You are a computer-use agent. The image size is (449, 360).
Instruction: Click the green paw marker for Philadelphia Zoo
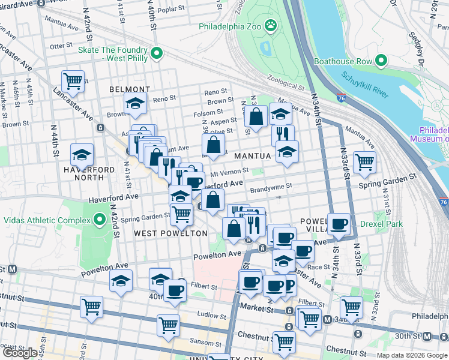[271, 25]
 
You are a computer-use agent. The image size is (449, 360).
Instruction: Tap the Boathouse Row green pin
[380, 60]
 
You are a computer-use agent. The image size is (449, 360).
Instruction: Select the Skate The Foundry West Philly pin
[157, 54]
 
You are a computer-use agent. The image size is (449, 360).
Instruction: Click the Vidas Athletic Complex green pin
[100, 220]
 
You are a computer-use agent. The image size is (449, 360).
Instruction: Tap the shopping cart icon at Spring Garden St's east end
[364, 161]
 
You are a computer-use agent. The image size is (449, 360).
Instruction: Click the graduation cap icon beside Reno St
[136, 103]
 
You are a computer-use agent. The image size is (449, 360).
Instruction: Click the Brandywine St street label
[271, 187]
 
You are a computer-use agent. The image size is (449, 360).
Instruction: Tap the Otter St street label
[61, 46]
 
